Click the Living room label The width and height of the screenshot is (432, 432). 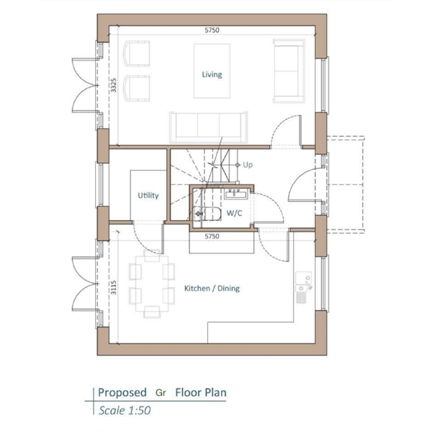pyautogui.click(x=212, y=74)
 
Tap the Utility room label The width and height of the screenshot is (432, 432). pyautogui.click(x=148, y=196)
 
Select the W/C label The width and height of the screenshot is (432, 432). pyautogui.click(x=234, y=213)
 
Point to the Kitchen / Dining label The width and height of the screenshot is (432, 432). pyautogui.click(x=212, y=289)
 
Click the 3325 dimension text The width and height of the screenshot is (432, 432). pyautogui.click(x=114, y=85)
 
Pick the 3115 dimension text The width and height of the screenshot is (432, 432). pyautogui.click(x=114, y=287)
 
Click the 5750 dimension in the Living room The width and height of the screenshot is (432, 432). pyautogui.click(x=212, y=30)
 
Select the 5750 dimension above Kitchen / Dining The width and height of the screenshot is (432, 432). pyautogui.click(x=212, y=236)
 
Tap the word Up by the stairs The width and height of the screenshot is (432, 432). pyautogui.click(x=248, y=165)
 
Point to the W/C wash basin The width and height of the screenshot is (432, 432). pyautogui.click(x=235, y=194)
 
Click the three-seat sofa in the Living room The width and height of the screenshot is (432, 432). pyautogui.click(x=209, y=127)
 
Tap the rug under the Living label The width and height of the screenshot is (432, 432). pyautogui.click(x=212, y=71)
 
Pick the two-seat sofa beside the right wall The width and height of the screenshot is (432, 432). pyautogui.click(x=289, y=71)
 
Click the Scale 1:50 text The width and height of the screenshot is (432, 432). pyautogui.click(x=125, y=410)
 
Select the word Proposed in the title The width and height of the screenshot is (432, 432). pyautogui.click(x=122, y=392)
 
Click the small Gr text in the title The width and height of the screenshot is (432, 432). pyautogui.click(x=161, y=392)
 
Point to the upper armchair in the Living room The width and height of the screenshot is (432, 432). pyautogui.click(x=137, y=54)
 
